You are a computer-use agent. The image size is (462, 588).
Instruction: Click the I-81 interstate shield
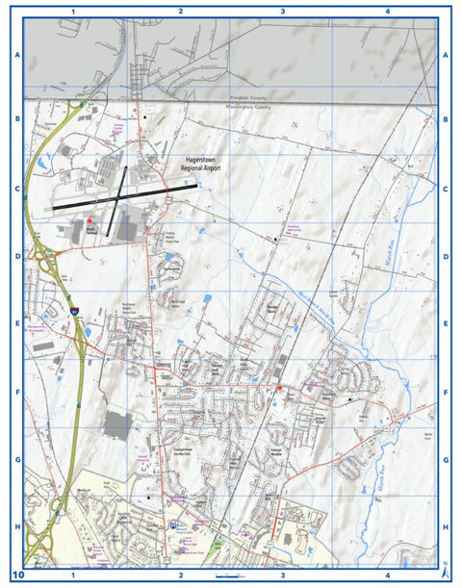click(74, 312)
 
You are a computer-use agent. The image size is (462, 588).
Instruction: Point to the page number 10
click(16, 575)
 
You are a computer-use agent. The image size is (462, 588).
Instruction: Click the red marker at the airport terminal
click(91, 220)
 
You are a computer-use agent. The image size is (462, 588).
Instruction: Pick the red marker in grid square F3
click(279, 388)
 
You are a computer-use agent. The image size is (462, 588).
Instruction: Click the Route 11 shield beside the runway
click(167, 199)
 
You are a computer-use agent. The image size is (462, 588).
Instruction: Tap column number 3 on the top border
click(282, 11)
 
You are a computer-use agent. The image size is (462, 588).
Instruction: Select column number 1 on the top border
click(73, 11)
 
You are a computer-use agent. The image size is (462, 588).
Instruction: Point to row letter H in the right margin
click(447, 527)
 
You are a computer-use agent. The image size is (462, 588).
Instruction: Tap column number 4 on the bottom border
click(386, 575)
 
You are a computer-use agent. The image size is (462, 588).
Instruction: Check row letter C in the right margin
click(447, 190)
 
